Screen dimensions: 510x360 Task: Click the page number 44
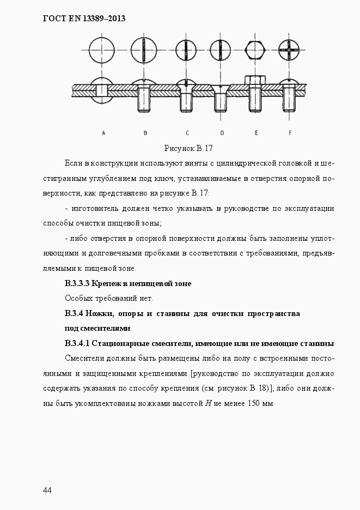pyautogui.click(x=47, y=490)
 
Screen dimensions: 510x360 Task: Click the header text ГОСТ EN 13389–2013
pyautogui.click(x=84, y=19)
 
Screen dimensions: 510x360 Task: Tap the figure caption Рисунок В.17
pyautogui.click(x=188, y=148)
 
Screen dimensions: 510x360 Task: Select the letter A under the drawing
pyautogui.click(x=103, y=132)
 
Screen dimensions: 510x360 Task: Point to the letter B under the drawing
pyautogui.click(x=145, y=132)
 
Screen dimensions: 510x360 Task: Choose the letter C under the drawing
pyautogui.click(x=187, y=132)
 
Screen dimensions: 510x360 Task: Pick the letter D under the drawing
pyautogui.click(x=222, y=132)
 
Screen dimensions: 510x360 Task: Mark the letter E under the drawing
pyautogui.click(x=256, y=132)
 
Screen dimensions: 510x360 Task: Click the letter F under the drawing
pyautogui.click(x=290, y=132)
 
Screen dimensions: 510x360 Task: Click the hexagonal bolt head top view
pyautogui.click(x=254, y=51)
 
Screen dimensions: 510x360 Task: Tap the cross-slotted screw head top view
pyautogui.click(x=289, y=51)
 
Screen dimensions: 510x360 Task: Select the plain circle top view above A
pyautogui.click(x=103, y=51)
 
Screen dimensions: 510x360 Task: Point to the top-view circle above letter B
pyautogui.click(x=144, y=51)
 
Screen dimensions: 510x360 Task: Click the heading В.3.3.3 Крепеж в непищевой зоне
pyautogui.click(x=128, y=283)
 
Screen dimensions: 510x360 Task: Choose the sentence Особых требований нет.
pyautogui.click(x=109, y=298)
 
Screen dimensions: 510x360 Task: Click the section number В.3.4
pyautogui.click(x=74, y=313)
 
